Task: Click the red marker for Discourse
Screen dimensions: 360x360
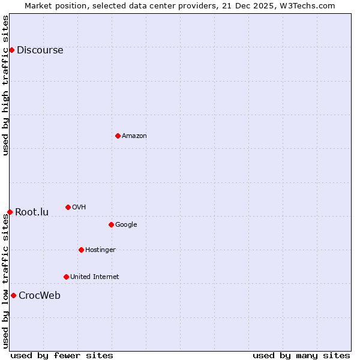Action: click(x=11, y=50)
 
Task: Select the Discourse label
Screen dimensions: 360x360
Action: click(x=40, y=50)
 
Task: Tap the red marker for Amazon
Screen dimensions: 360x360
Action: click(x=118, y=136)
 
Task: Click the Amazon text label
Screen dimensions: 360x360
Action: click(x=134, y=136)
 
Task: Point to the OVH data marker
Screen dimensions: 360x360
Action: click(x=68, y=207)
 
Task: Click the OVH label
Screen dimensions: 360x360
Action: click(x=79, y=208)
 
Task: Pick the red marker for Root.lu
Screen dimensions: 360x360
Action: click(x=10, y=212)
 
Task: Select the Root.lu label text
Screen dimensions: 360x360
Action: click(x=32, y=212)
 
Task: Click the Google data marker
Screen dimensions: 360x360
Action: click(x=111, y=224)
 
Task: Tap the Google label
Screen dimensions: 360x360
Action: click(x=126, y=225)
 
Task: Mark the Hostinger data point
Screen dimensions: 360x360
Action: click(x=81, y=250)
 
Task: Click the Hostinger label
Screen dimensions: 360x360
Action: click(x=100, y=250)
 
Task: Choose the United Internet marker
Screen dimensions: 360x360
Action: click(x=66, y=277)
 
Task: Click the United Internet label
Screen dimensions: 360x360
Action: click(x=95, y=277)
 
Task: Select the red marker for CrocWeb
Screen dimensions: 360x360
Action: click(x=13, y=295)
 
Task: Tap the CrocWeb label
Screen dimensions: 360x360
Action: click(x=40, y=296)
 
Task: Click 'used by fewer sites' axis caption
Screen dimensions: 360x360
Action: click(x=62, y=355)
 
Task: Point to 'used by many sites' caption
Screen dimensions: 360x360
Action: click(x=301, y=355)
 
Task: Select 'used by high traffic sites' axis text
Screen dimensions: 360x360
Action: click(x=5, y=85)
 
